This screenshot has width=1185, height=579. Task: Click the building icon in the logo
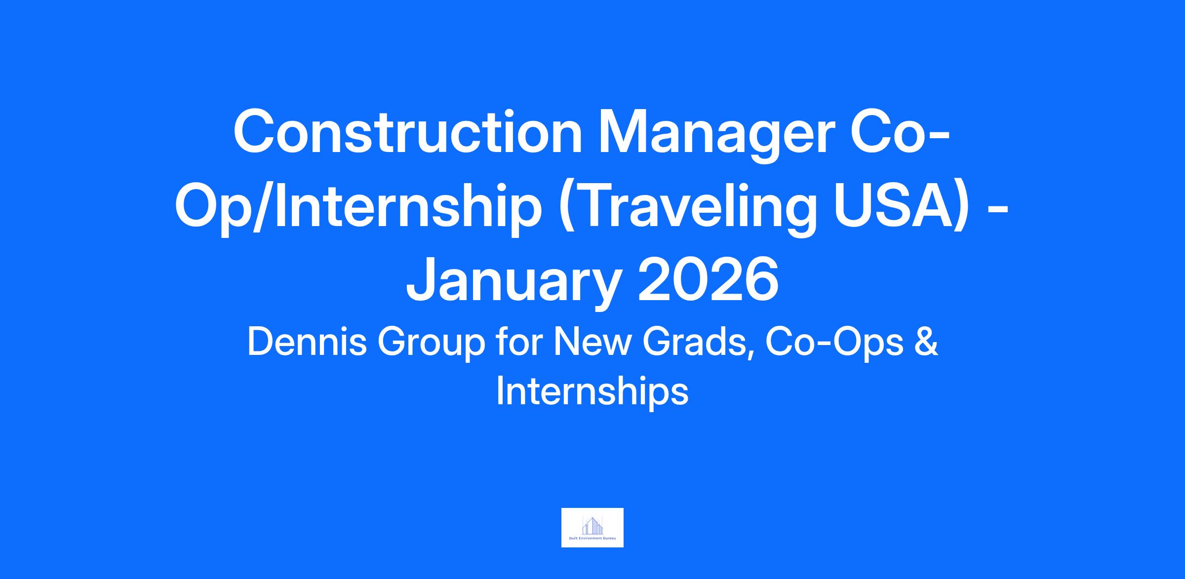(592, 525)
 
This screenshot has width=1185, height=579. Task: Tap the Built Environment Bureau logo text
(592, 539)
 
